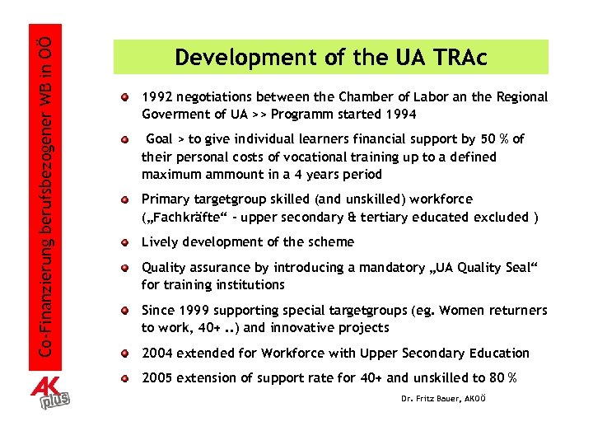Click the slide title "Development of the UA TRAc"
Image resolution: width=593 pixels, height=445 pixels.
(330, 58)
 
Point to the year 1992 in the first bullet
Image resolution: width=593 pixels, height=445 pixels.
(157, 97)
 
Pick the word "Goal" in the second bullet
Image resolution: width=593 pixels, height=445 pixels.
(159, 139)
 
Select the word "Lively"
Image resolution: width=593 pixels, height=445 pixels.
(160, 242)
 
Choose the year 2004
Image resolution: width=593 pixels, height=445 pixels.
(157, 354)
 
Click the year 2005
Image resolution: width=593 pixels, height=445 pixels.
(157, 378)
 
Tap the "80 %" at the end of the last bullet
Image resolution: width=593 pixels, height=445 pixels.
(500, 378)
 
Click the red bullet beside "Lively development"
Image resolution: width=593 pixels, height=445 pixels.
(124, 241)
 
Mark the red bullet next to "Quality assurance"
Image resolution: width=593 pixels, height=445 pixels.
(124, 266)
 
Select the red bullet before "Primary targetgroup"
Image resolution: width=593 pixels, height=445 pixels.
(124, 199)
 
